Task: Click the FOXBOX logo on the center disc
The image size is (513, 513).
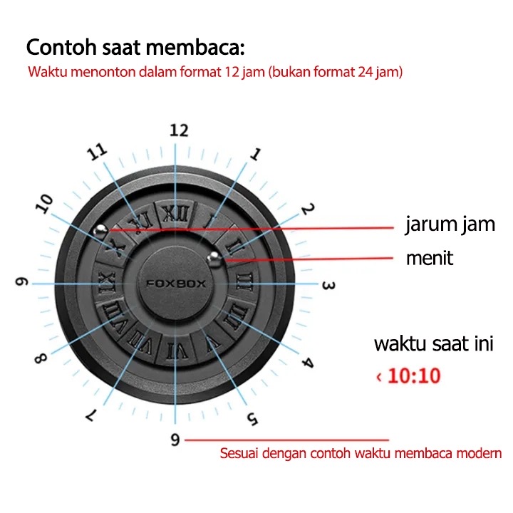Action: coord(176,284)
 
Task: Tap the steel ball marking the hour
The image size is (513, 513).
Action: coord(100,230)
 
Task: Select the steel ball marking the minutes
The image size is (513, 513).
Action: coord(214,258)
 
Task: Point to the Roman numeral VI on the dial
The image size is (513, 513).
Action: coord(177,352)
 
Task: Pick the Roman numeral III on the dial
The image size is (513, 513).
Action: coord(244,282)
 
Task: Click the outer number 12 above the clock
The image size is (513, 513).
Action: coord(179,130)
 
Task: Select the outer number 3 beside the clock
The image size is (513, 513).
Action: coord(328,286)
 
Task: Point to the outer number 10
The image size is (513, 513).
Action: coord(44,204)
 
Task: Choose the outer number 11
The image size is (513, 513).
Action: coord(97,152)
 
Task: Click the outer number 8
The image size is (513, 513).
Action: coord(41,358)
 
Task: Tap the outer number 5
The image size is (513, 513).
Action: coord(252,418)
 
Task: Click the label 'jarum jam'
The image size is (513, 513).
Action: coord(450,224)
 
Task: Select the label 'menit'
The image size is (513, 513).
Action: coord(430,258)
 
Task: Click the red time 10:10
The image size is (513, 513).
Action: coord(414,375)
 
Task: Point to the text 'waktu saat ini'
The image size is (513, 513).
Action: coord(433,344)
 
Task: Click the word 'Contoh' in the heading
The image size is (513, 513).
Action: coord(61,47)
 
